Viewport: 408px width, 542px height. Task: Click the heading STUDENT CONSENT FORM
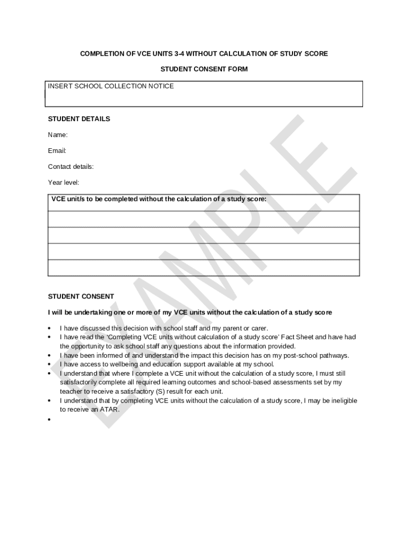click(x=204, y=69)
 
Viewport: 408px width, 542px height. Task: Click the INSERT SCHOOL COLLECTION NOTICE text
click(x=111, y=86)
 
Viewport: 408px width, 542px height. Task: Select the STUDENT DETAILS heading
click(x=79, y=119)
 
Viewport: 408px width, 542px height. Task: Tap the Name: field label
click(x=58, y=135)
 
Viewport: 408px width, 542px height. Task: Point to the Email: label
click(x=57, y=151)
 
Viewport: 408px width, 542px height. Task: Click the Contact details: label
click(x=71, y=167)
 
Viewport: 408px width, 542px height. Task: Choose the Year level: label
click(x=64, y=183)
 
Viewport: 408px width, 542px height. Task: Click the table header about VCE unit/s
click(x=159, y=200)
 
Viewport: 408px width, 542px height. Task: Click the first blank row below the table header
click(x=203, y=219)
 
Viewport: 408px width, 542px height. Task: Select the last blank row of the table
click(x=203, y=268)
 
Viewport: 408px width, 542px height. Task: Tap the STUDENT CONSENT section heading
click(x=81, y=296)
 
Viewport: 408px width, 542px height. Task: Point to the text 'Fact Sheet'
click(x=298, y=337)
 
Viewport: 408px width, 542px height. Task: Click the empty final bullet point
click(x=49, y=419)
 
